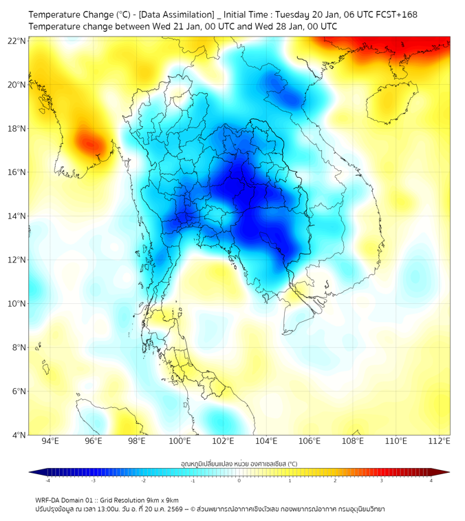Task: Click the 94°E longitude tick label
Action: tap(50, 441)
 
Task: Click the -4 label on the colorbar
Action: tap(47, 480)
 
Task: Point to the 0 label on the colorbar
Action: tap(239, 480)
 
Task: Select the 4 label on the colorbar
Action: tap(431, 480)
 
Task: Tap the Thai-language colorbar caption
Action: tap(239, 464)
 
